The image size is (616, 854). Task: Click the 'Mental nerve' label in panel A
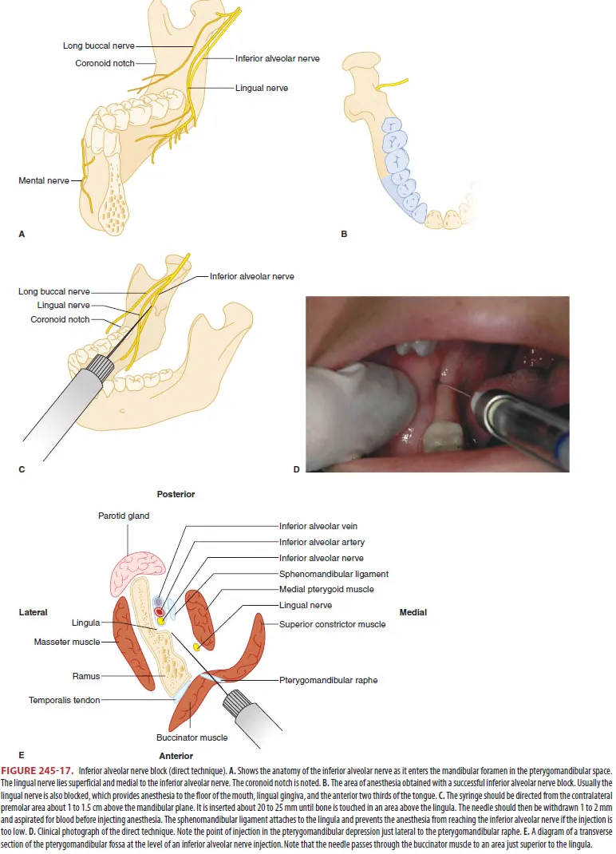pyautogui.click(x=44, y=181)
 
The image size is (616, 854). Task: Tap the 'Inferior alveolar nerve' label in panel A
pyautogui.click(x=277, y=58)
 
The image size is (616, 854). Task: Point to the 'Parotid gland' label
pyautogui.click(x=124, y=516)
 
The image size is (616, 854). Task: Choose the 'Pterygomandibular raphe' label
pyautogui.click(x=328, y=681)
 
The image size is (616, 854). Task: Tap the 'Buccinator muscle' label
pyautogui.click(x=192, y=738)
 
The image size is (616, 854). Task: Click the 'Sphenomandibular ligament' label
pyautogui.click(x=334, y=574)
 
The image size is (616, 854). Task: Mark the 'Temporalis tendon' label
pyautogui.click(x=65, y=700)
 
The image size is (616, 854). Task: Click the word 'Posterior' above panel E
pyautogui.click(x=176, y=494)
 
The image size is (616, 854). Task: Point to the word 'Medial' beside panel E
pyautogui.click(x=413, y=612)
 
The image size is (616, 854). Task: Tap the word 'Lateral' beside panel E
pyautogui.click(x=33, y=612)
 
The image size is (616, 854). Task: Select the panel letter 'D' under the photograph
pyautogui.click(x=296, y=469)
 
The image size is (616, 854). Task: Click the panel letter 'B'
pyautogui.click(x=343, y=235)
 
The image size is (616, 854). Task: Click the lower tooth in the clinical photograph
pyautogui.click(x=442, y=439)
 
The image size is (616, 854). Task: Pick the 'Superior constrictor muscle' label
pyautogui.click(x=332, y=624)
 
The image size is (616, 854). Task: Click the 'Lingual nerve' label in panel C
pyautogui.click(x=63, y=305)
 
